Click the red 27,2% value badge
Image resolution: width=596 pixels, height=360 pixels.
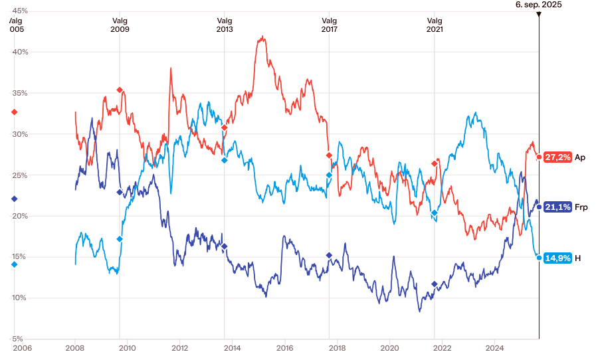(557, 157)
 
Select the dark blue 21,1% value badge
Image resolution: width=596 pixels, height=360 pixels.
(557, 207)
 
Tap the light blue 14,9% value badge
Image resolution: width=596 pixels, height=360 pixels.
(557, 258)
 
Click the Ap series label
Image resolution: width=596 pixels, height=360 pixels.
(580, 157)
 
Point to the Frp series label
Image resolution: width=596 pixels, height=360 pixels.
(581, 207)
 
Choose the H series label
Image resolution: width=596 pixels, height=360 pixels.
(578, 258)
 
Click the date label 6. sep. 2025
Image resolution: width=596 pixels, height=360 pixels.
(538, 4)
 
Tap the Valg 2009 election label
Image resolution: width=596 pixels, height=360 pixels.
(120, 25)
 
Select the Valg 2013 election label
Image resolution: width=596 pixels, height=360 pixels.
(225, 25)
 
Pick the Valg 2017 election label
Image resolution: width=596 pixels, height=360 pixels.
(330, 25)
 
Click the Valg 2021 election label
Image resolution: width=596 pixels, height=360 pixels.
(435, 25)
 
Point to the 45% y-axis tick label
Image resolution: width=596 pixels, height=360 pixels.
(19, 11)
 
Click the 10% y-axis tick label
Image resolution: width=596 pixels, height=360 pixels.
(19, 298)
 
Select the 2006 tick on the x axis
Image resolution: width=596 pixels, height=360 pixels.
(23, 347)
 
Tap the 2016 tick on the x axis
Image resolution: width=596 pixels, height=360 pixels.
(284, 347)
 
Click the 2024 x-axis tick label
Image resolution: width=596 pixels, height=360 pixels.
(494, 347)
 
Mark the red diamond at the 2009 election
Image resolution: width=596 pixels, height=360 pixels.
(120, 90)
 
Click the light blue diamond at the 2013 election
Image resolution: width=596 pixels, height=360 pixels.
(225, 160)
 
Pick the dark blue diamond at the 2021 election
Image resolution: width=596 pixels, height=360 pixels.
(435, 284)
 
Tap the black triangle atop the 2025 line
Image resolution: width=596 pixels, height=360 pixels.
(538, 14)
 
